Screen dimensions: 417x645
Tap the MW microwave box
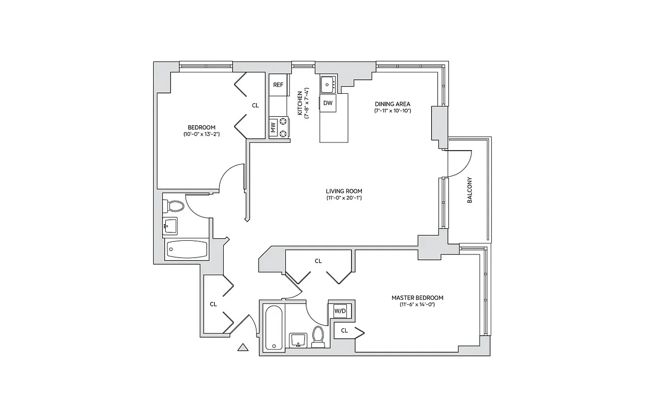[x=273, y=127]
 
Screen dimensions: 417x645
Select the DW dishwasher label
[x=327, y=103]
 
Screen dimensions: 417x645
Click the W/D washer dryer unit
[x=340, y=311]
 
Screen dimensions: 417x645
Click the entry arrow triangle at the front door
[x=242, y=347]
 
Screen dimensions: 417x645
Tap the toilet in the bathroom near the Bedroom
[x=175, y=206]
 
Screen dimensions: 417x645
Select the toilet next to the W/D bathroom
[x=318, y=336]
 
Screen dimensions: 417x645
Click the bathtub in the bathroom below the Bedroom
[x=187, y=250]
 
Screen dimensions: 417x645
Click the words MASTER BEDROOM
[x=413, y=298]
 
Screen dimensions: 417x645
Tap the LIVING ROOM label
[x=344, y=191]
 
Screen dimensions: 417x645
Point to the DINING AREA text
[x=393, y=104]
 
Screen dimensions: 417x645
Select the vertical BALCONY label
[x=469, y=190]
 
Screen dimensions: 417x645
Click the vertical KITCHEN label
[x=300, y=103]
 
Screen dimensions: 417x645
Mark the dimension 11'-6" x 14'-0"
[x=413, y=304]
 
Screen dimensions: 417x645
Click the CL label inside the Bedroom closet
[x=255, y=105]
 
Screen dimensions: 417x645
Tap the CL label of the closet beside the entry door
[x=213, y=304]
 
